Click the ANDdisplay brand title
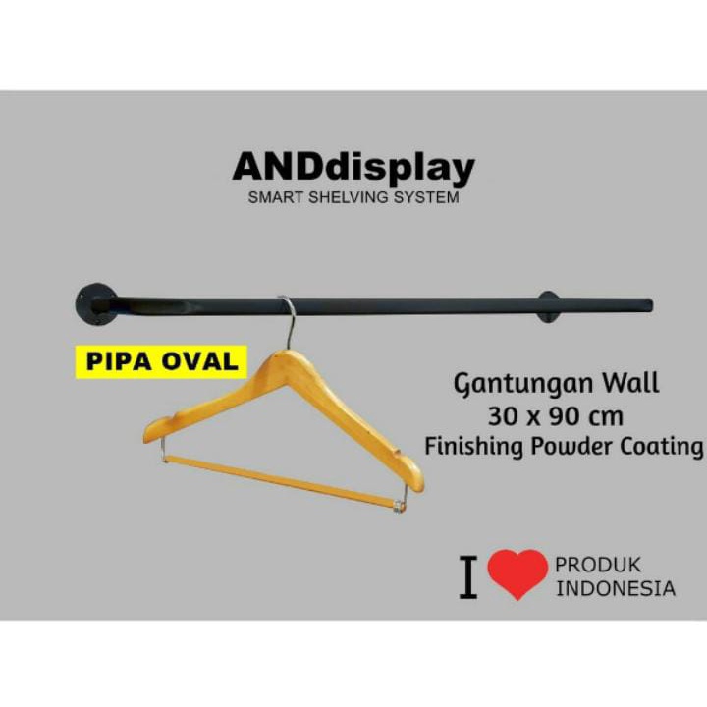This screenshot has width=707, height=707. (x=353, y=168)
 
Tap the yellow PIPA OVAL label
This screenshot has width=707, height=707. (x=162, y=360)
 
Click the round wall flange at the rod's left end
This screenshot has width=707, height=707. (x=96, y=302)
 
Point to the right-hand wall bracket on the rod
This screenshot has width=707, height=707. (x=548, y=306)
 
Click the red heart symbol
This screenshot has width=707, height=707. (x=517, y=573)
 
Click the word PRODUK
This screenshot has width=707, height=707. (x=598, y=565)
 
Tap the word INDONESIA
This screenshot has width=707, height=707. (x=616, y=589)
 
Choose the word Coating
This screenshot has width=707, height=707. (x=661, y=446)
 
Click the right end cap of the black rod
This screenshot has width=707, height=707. (x=647, y=304)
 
